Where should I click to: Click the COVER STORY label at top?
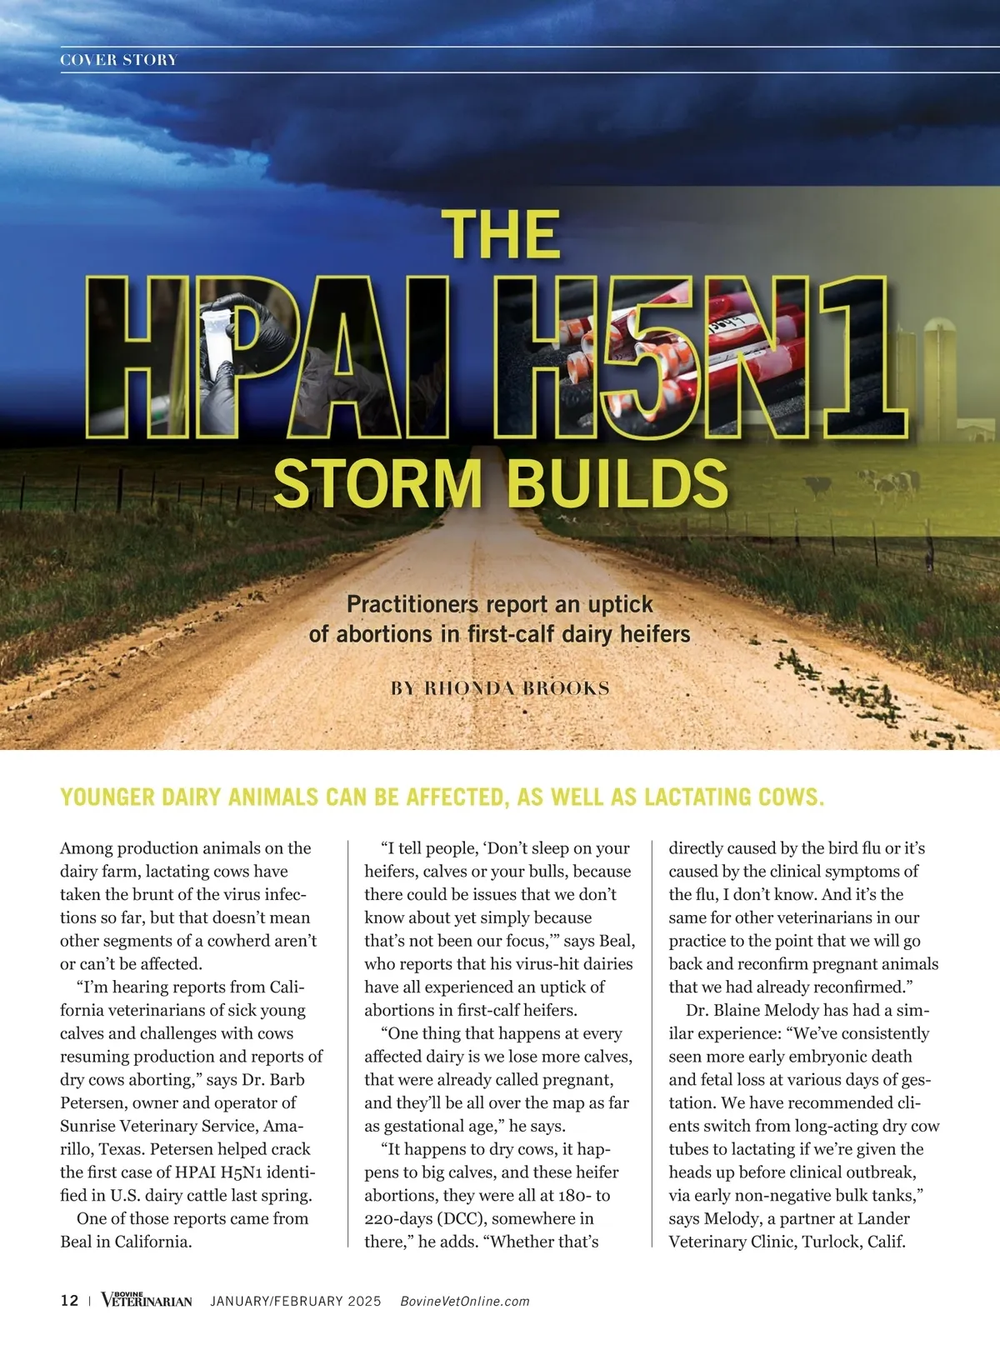119,60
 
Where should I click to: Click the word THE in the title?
501,235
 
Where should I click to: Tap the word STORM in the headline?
377,483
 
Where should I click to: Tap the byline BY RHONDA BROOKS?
500,688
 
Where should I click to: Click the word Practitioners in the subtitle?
412,604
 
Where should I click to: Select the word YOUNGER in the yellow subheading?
107,797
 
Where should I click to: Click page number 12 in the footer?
69,1301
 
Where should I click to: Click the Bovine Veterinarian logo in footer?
147,1300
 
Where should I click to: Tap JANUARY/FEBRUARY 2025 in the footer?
296,1301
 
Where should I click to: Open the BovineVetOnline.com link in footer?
465,1301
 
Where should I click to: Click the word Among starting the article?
86,848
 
